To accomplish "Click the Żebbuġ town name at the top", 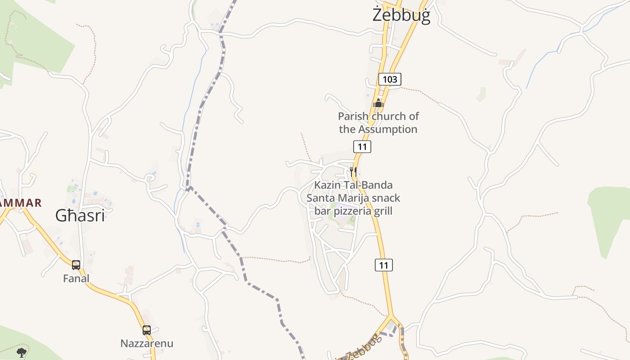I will (401, 15).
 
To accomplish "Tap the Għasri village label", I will (80, 216).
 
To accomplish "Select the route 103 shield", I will (389, 80).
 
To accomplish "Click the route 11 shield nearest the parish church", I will (362, 146).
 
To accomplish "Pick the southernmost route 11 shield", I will (383, 265).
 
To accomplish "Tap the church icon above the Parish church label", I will (378, 103).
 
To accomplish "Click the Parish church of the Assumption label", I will (378, 123).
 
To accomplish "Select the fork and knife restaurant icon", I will (353, 171).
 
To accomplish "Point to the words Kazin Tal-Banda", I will (353, 185).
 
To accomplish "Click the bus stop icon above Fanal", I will (76, 265).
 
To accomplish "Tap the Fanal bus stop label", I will (76, 279).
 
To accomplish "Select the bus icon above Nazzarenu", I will (147, 330).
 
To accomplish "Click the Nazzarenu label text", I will (147, 343).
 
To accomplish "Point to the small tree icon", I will (21, 352).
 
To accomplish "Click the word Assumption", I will (387, 130).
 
